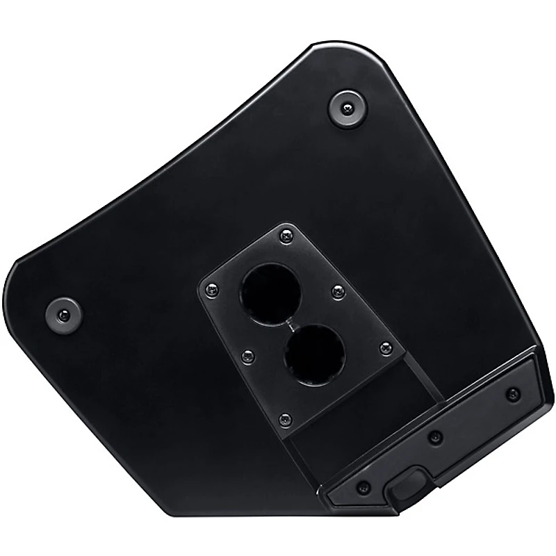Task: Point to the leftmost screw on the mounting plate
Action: (211, 288)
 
